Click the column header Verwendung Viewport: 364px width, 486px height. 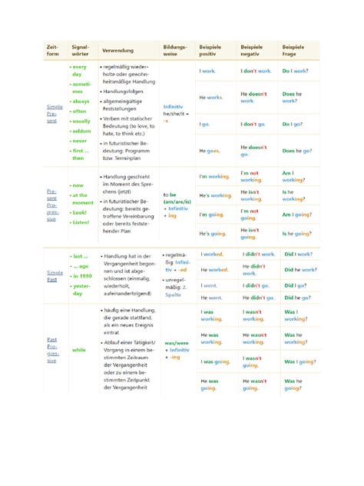(117, 51)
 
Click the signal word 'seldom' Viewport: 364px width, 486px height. (80, 131)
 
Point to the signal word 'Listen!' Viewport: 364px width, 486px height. (80, 221)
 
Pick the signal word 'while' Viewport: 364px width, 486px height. (78, 350)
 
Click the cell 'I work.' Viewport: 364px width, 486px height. (207, 71)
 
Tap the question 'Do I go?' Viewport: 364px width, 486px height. (293, 124)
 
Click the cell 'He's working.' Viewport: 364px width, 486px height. (215, 196)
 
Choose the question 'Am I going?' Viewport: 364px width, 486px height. (296, 215)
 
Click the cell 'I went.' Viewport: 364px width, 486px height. (209, 285)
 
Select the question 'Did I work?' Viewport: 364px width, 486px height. (297, 254)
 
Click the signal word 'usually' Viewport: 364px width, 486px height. (81, 121)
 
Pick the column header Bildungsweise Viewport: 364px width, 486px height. (174, 51)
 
